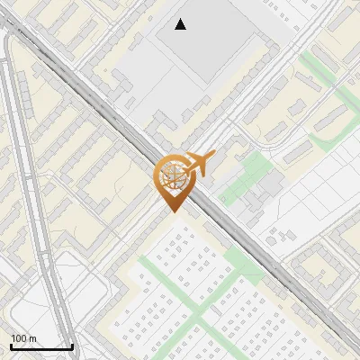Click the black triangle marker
point(181,24)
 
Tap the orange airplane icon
point(200,164)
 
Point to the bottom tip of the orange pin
point(172,212)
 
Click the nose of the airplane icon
point(213,157)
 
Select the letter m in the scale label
point(33,338)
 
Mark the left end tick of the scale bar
point(11,346)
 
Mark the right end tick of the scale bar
point(72,346)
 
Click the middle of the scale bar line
point(41,347)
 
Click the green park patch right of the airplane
point(247,175)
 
